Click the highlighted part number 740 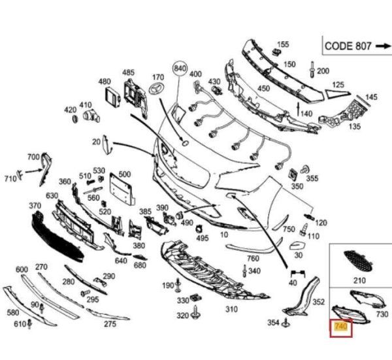[x=341, y=327]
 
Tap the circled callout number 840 [x=180, y=68]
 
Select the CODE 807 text [x=348, y=46]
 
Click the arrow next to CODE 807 [x=383, y=46]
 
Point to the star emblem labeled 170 [x=157, y=88]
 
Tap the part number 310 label [x=231, y=309]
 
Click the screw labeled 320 [x=195, y=313]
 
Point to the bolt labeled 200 [x=312, y=69]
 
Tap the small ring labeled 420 [x=75, y=119]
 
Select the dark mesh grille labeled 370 [x=57, y=238]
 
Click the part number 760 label [x=253, y=258]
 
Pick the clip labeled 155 [x=276, y=52]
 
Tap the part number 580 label [x=13, y=312]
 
